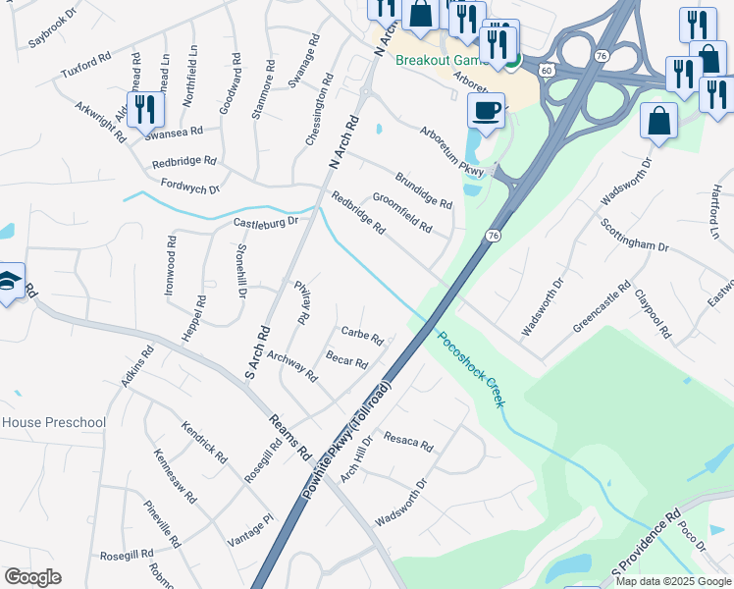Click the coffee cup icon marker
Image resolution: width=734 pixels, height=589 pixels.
(485, 111)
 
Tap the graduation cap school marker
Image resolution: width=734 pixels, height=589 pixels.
(8, 282)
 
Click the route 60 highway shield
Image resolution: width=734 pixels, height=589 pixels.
(547, 69)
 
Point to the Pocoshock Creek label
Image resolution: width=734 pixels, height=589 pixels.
(470, 369)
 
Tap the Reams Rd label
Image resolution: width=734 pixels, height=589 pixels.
(291, 436)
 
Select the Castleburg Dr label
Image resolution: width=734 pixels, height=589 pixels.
(265, 223)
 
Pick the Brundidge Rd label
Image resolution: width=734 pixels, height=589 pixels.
(423, 190)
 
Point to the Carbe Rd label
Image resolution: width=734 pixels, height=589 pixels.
(361, 335)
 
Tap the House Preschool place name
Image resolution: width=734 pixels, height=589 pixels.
(53, 422)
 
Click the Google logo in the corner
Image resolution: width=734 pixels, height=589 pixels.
(32, 577)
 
